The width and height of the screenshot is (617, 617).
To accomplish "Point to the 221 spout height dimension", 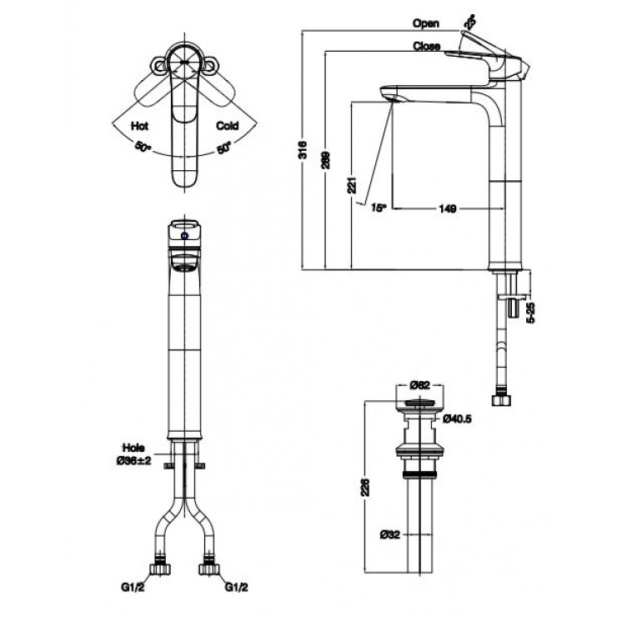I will click(354, 184).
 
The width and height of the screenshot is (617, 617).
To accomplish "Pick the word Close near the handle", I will click(426, 47).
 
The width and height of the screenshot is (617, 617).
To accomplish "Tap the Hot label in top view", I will click(138, 126).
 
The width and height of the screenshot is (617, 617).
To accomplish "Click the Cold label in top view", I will click(227, 126).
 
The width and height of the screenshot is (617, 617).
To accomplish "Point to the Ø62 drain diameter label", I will click(419, 385).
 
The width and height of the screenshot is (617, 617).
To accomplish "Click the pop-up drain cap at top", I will click(419, 404).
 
